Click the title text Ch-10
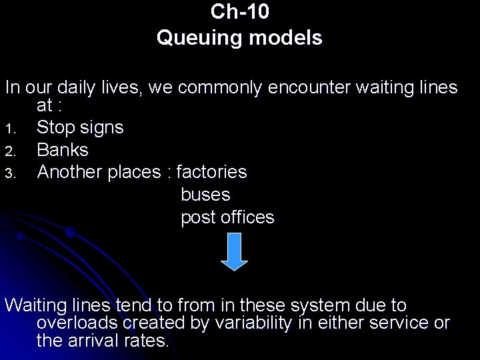pyautogui.click(x=239, y=12)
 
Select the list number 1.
pyautogui.click(x=9, y=129)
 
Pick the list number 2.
pyautogui.click(x=9, y=151)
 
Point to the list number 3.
pyautogui.click(x=9, y=173)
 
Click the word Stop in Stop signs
pyautogui.click(x=55, y=127)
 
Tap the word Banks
pyautogui.click(x=63, y=150)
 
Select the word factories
pyautogui.click(x=211, y=172)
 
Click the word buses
pyautogui.click(x=205, y=195)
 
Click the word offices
pyautogui.click(x=247, y=217)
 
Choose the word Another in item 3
pyautogui.click(x=69, y=172)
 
